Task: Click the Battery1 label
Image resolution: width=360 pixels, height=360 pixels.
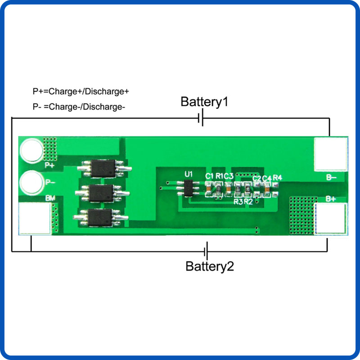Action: [204, 102]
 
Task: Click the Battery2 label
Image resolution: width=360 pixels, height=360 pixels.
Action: [210, 266]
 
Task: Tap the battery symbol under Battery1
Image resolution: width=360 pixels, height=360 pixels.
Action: [201, 119]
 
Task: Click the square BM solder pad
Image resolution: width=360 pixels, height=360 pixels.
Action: [34, 218]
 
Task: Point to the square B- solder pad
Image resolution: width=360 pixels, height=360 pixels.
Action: [331, 154]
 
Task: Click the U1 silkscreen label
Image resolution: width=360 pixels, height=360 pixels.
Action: [189, 174]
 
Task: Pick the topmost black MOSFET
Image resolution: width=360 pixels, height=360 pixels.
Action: [104, 168]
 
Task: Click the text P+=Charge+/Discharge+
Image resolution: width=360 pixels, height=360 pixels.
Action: [81, 91]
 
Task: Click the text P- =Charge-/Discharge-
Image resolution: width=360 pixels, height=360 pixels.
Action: [79, 107]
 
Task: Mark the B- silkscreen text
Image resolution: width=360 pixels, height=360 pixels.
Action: [331, 177]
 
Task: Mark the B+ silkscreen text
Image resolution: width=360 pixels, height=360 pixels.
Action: [331, 198]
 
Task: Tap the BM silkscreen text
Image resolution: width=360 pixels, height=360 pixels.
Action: [50, 198]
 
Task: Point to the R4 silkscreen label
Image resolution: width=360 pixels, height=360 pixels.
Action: [277, 177]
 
